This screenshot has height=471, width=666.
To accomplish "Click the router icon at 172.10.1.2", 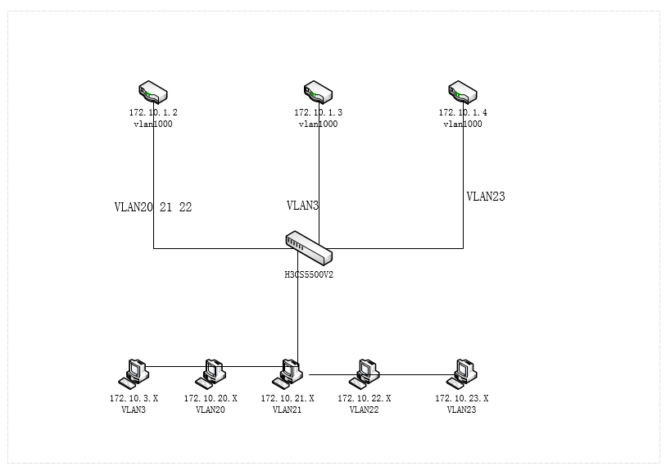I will (x=153, y=92).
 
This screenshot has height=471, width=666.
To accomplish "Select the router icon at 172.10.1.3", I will (x=318, y=92).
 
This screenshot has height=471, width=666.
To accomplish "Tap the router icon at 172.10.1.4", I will (x=463, y=92).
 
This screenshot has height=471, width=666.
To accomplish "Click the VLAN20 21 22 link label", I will (x=153, y=207).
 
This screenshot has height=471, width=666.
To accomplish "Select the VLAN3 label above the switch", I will (x=302, y=206).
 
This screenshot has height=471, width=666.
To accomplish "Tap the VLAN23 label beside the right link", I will (x=486, y=197).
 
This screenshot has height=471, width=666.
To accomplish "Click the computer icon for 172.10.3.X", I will (x=134, y=374).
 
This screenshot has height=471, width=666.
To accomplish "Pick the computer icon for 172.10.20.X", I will (x=211, y=374).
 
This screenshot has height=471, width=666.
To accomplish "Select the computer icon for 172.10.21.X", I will (x=288, y=374).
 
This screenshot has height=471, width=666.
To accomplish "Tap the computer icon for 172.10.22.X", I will (x=365, y=374).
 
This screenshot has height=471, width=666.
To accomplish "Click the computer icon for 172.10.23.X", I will (x=462, y=374).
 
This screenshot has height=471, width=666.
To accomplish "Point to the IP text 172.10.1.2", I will (x=153, y=112).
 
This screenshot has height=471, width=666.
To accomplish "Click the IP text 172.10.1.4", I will (x=463, y=112).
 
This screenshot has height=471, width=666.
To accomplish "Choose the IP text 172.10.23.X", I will (x=461, y=398).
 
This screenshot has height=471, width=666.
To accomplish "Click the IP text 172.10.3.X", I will (x=134, y=398).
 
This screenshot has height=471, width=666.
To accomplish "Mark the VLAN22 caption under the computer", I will (x=365, y=410).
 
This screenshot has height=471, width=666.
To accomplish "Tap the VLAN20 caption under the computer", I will (x=211, y=410).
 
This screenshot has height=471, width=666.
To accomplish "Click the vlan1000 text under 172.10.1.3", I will (x=318, y=125).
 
